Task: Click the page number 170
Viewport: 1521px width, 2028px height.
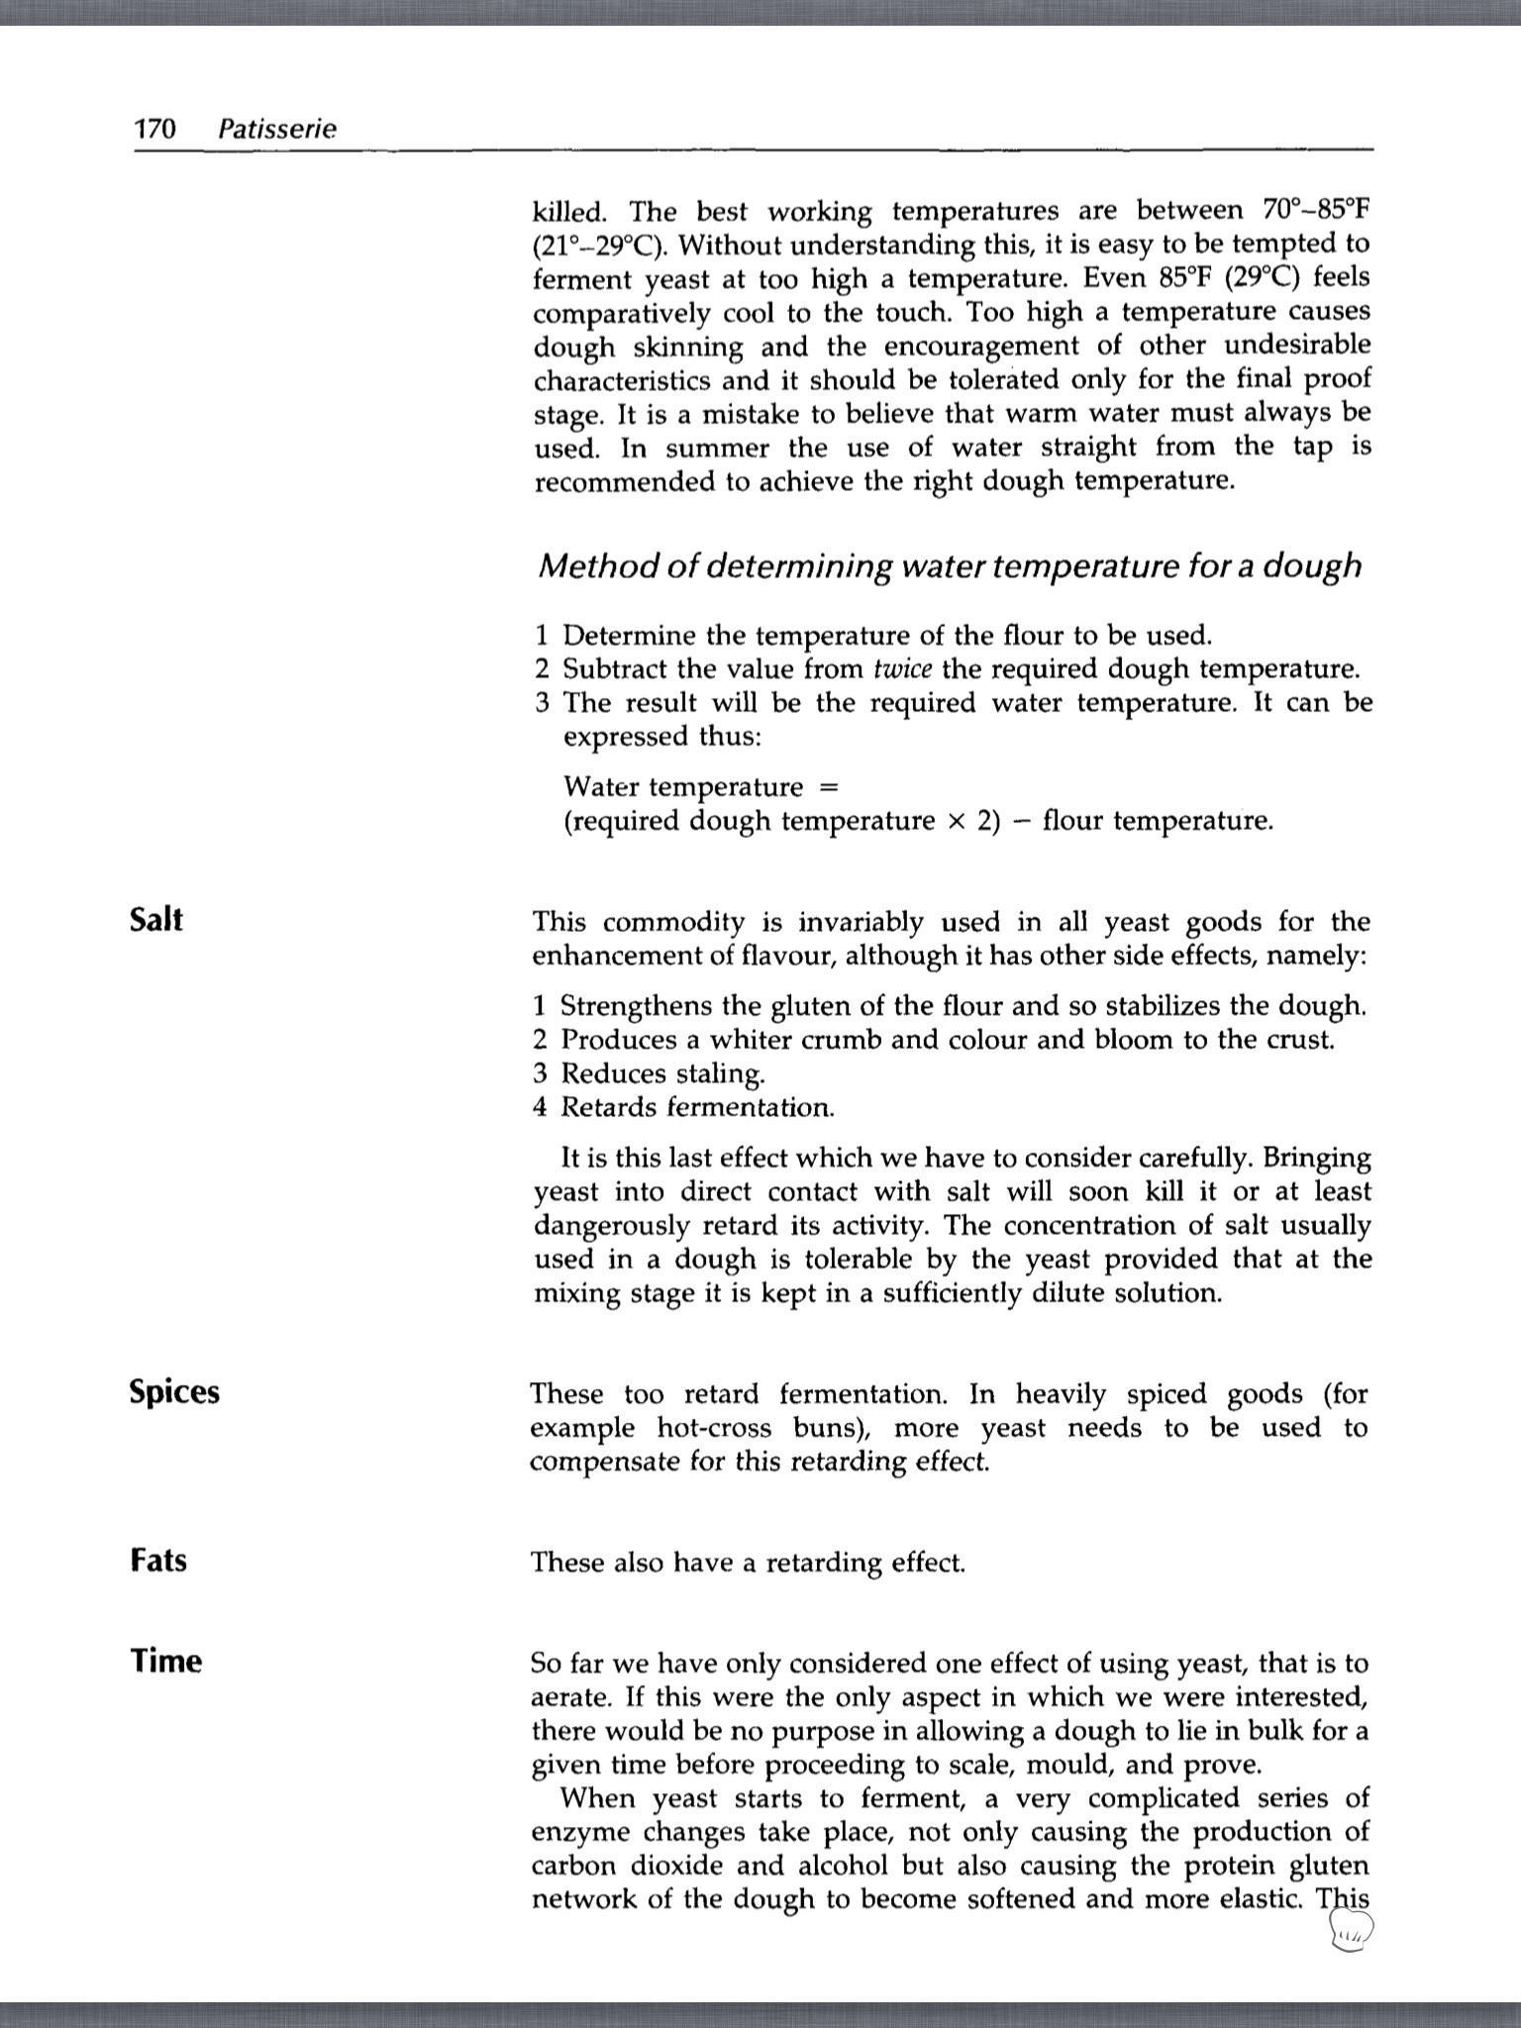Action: pyautogui.click(x=154, y=129)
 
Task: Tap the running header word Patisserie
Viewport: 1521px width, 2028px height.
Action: pyautogui.click(x=277, y=129)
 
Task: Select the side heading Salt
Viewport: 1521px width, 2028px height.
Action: pyautogui.click(x=156, y=920)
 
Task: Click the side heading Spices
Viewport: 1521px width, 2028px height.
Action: pyautogui.click(x=174, y=1392)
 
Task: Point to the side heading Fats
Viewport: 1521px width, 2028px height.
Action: pyautogui.click(x=158, y=1561)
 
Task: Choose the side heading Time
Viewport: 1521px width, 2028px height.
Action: pyautogui.click(x=165, y=1661)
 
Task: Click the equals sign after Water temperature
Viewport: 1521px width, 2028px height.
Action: pyautogui.click(x=830, y=787)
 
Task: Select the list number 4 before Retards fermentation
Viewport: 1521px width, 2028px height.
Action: pyautogui.click(x=540, y=1107)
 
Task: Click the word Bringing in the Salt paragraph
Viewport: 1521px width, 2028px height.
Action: pyautogui.click(x=1318, y=1158)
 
